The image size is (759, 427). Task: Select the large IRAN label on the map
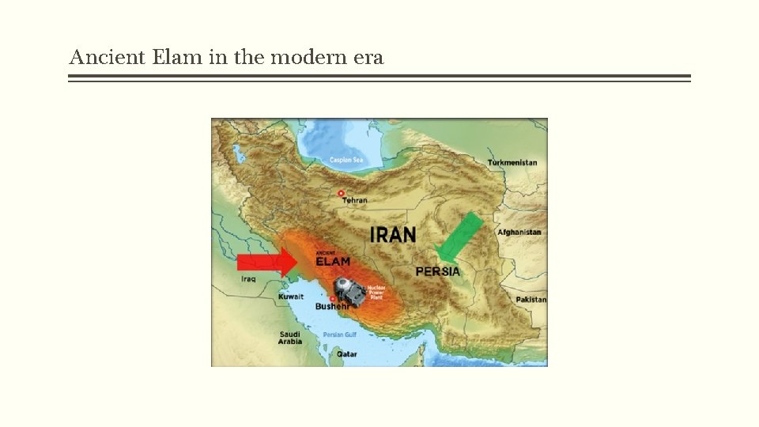[x=393, y=235]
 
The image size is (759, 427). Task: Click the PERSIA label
[x=437, y=271]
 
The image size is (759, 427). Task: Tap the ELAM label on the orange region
[x=332, y=261]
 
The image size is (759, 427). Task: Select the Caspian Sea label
[x=347, y=161]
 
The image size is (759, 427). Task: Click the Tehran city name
[x=354, y=200]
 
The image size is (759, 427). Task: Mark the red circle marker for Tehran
[x=341, y=192]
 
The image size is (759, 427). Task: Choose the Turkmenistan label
[x=512, y=163]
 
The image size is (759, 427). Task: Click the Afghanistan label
[x=519, y=232]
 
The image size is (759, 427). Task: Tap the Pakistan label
[x=531, y=300]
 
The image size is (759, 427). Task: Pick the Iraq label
[x=248, y=279]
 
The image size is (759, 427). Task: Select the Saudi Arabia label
[x=289, y=338]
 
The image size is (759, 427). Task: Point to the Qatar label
[x=346, y=354]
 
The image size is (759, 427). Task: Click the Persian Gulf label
[x=340, y=335]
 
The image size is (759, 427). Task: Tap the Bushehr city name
[x=331, y=306]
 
